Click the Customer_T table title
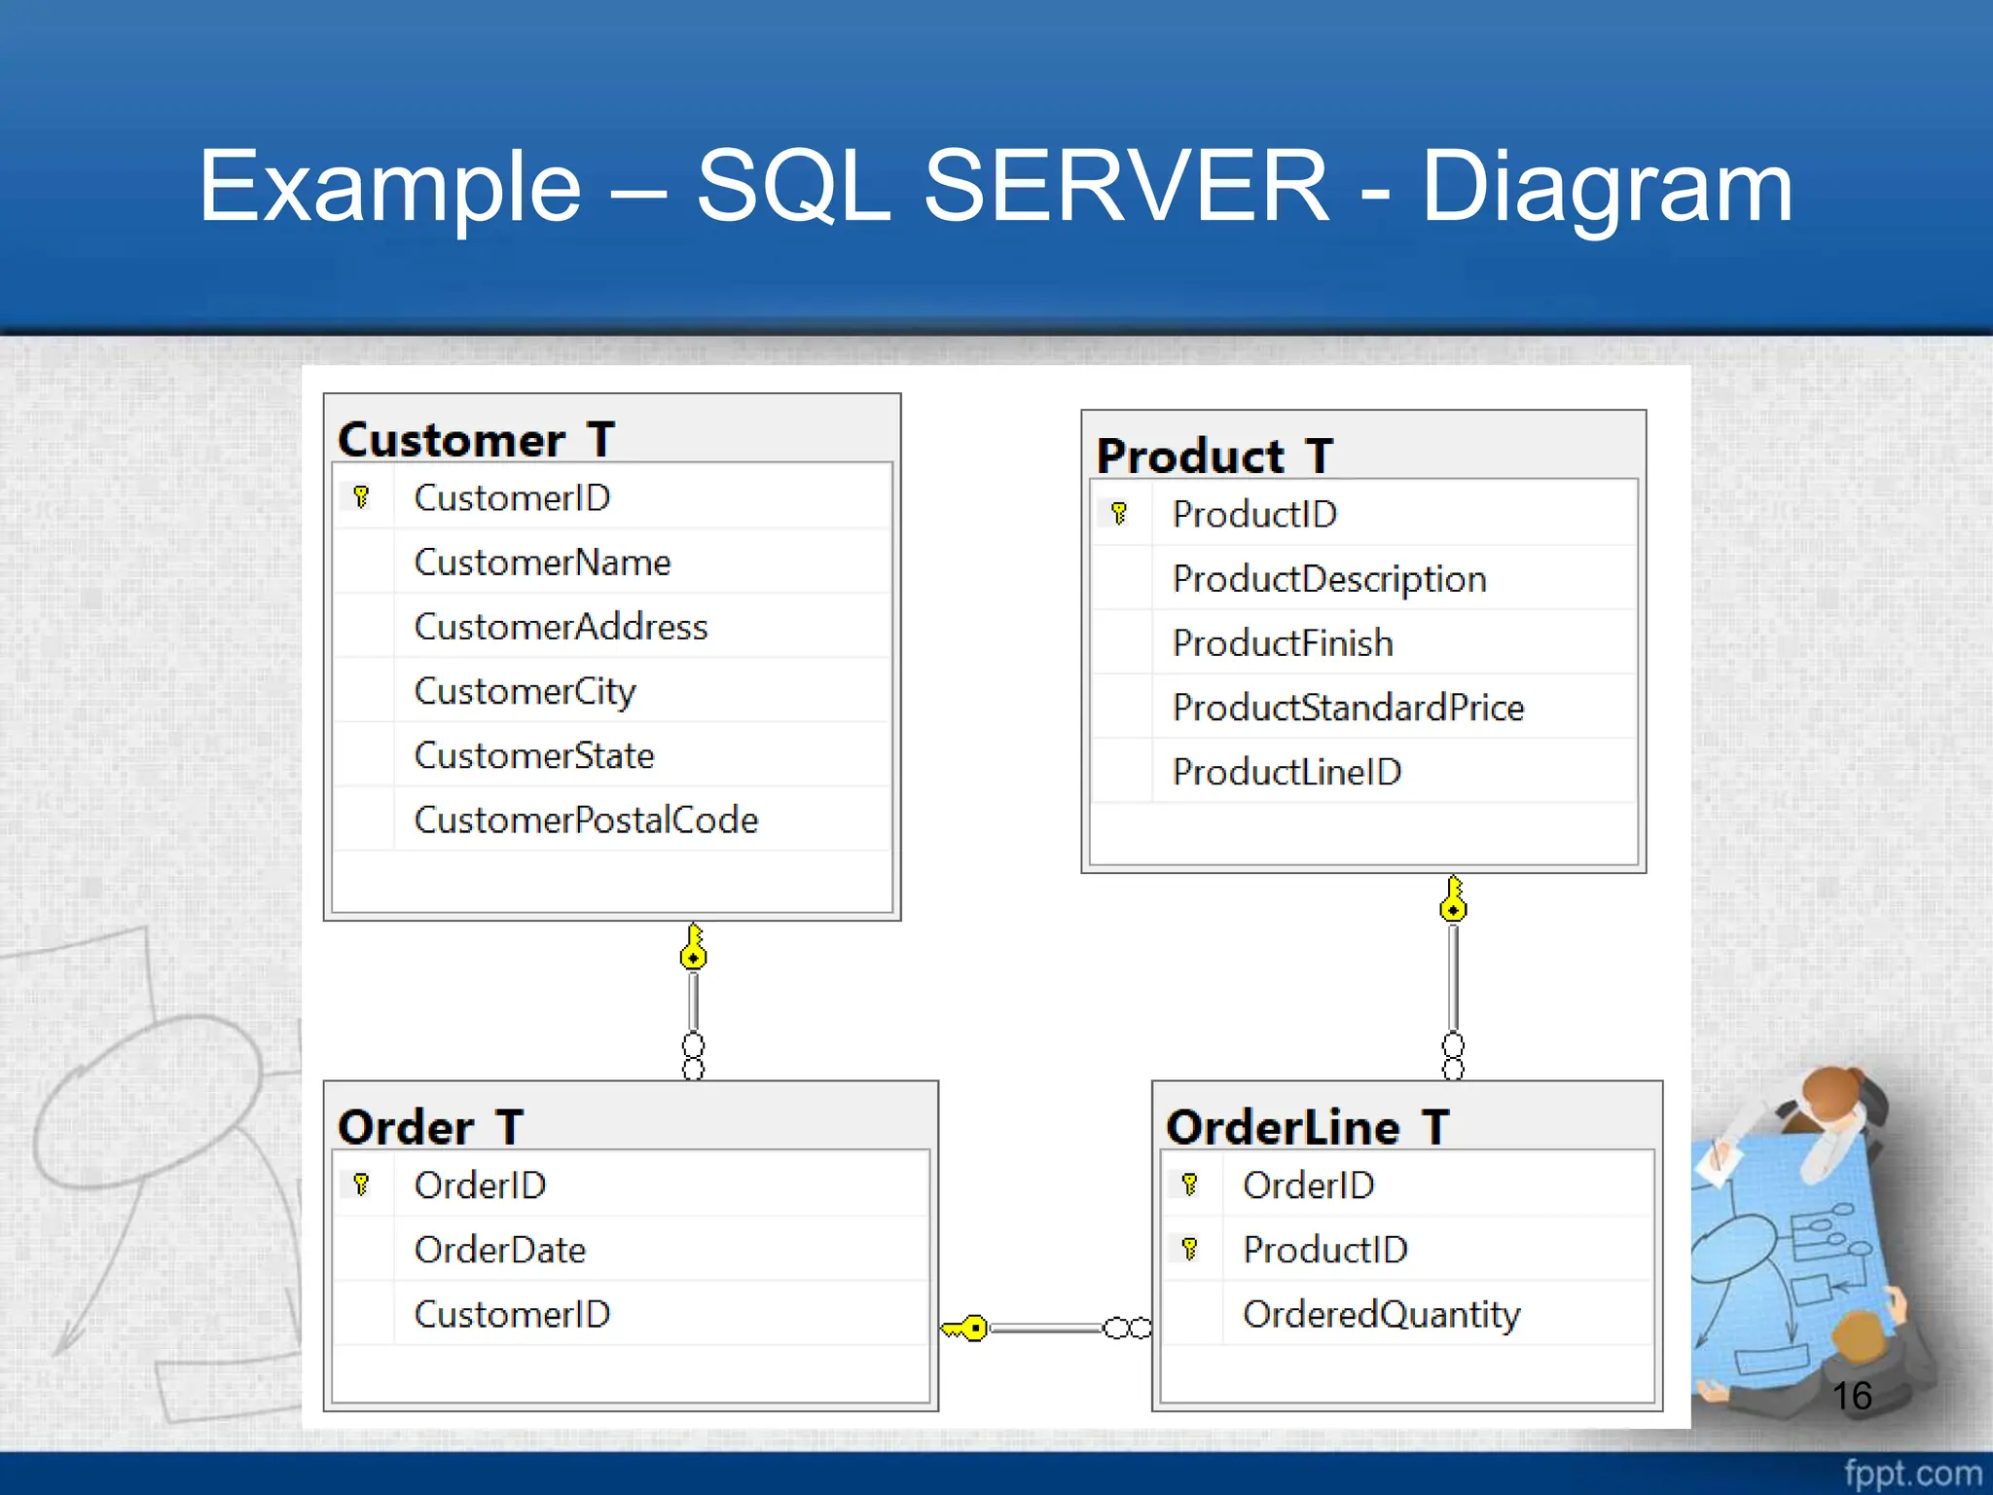coord(476,440)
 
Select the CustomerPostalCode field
coord(586,820)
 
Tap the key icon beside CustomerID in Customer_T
coord(361,497)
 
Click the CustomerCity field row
coord(525,691)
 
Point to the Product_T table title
coord(1214,456)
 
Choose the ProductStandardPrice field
coord(1348,708)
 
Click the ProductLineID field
coord(1286,772)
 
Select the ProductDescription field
coord(1329,579)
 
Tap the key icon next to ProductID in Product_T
coord(1119,513)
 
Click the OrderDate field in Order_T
coord(500,1250)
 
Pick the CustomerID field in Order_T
coord(512,1314)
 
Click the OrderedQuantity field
coord(1381,1314)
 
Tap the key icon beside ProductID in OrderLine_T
coord(1189,1249)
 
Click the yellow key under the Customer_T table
coord(693,948)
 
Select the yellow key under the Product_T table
coord(1453,899)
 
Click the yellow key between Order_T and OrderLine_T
coord(966,1328)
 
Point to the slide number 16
coord(1851,1396)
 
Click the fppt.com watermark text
coord(1911,1473)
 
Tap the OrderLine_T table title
coord(1307,1127)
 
